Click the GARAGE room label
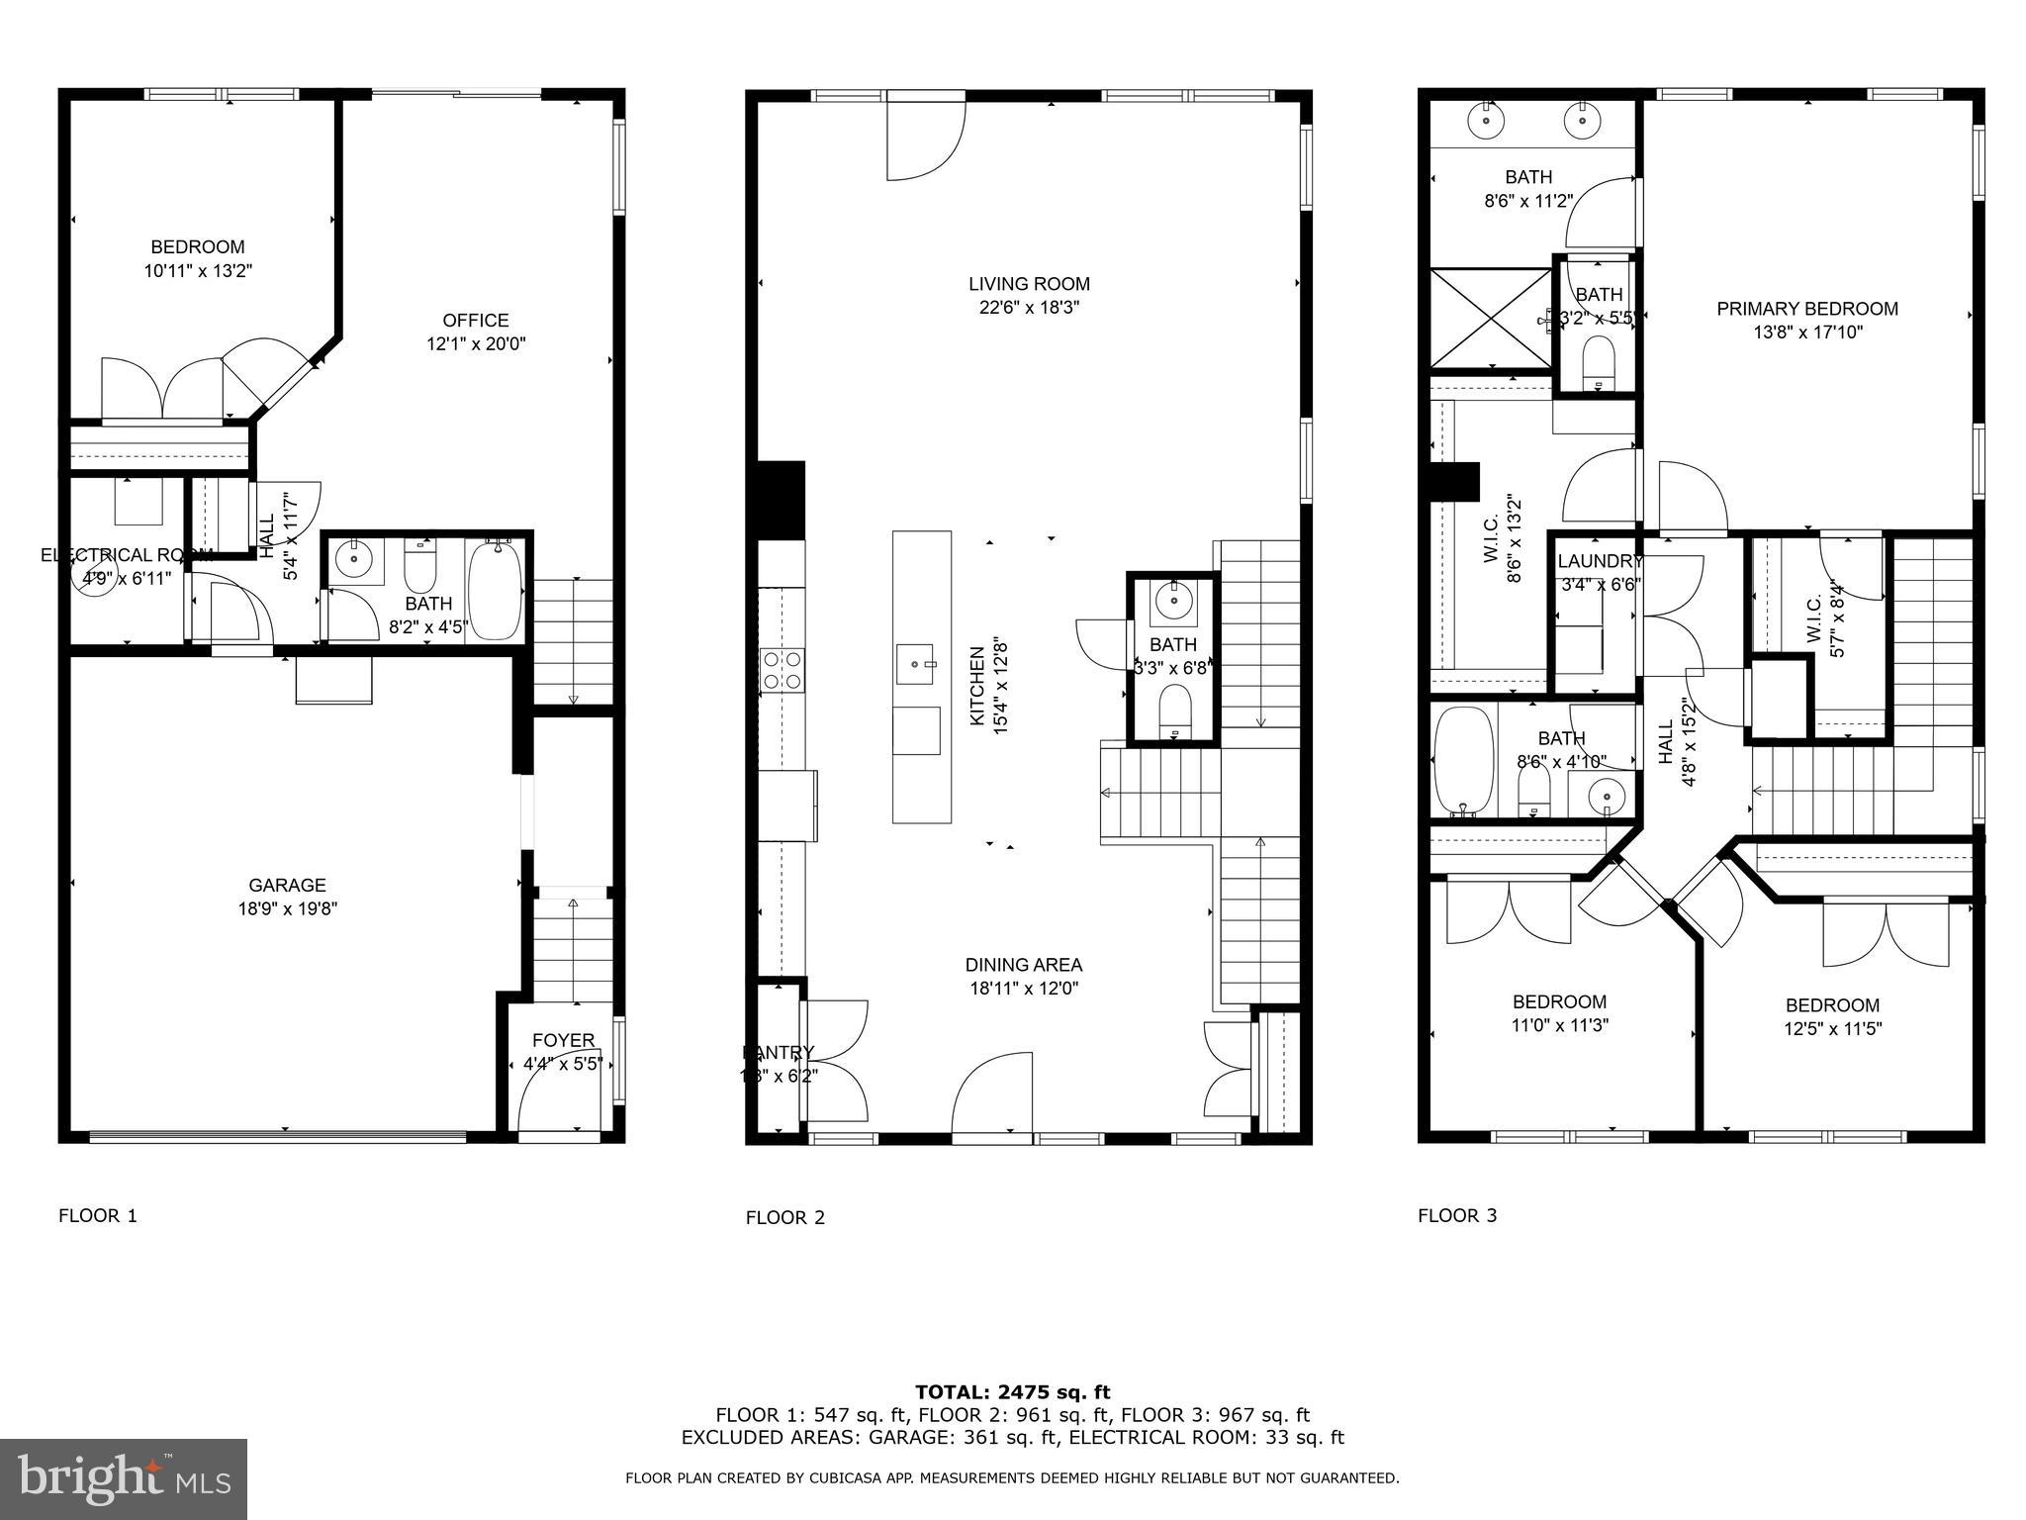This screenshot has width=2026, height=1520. [287, 886]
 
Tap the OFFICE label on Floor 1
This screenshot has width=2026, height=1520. [476, 321]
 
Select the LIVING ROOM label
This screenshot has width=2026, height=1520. [1029, 284]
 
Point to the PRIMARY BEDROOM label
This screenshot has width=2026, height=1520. [1807, 309]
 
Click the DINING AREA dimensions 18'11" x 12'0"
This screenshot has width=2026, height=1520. [1024, 989]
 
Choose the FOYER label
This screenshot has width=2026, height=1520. [563, 1040]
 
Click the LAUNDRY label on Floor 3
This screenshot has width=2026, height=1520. [1600, 562]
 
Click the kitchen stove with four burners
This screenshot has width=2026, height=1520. [782, 670]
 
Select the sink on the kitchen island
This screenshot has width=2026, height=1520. [915, 664]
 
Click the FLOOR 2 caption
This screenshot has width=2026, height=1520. [784, 1218]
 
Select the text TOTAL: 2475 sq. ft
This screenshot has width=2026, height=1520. [1012, 1392]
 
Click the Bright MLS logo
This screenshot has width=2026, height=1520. [124, 1479]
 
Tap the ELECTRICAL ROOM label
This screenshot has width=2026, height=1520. [126, 555]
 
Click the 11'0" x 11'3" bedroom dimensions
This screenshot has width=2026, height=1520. [1559, 1026]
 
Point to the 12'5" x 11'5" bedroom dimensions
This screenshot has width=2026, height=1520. [1832, 1029]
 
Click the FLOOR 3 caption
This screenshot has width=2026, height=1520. [1457, 1216]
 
